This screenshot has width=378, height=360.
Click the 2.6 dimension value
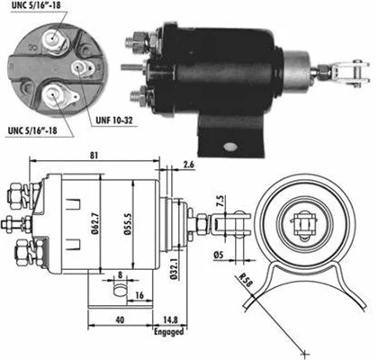(188, 164)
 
